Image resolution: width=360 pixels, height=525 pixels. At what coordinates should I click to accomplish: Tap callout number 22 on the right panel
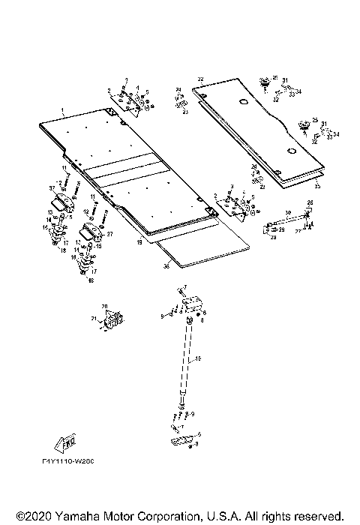tap(200, 79)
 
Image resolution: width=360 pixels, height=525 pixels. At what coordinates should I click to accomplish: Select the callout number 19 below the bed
tap(139, 243)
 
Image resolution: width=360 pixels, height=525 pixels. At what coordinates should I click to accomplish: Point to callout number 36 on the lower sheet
tap(166, 265)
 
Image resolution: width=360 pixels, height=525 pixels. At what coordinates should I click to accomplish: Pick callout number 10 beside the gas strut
tap(199, 360)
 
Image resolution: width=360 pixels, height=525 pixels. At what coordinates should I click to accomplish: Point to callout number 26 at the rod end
tap(310, 203)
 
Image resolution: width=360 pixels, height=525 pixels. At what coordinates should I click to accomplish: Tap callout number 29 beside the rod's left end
tap(281, 229)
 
